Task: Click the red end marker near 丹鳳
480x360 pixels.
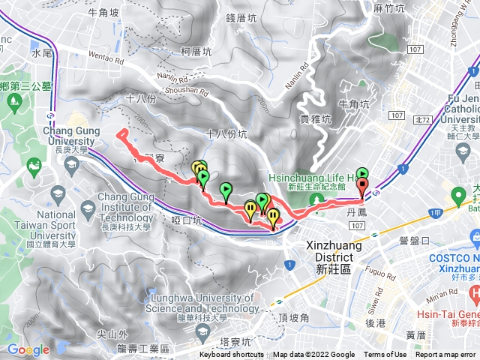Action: [364, 187]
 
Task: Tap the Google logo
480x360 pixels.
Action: [28, 349]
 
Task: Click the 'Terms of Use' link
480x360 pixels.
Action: [385, 355]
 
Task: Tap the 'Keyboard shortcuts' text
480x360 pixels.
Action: [232, 355]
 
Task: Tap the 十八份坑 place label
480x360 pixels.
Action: [225, 133]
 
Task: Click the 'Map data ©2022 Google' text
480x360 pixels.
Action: [313, 355]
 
